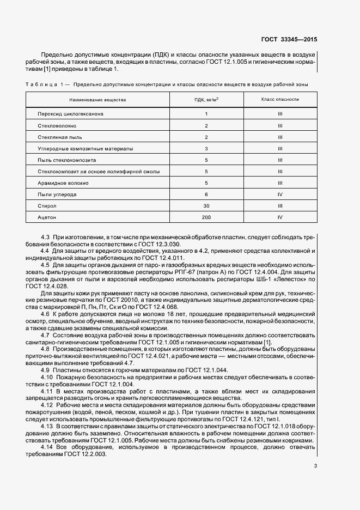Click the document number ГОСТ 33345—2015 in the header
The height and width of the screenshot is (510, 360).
289,40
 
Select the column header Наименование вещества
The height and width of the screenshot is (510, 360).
97,100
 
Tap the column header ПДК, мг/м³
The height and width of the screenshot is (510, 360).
206,100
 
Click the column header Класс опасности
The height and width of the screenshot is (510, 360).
279,100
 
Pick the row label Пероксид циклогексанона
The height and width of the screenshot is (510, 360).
70,114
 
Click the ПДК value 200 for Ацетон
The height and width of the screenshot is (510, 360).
206,217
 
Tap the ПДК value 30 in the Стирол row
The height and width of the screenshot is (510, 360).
206,205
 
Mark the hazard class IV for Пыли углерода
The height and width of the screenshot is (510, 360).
279,194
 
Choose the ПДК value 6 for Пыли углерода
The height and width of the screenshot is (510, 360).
206,194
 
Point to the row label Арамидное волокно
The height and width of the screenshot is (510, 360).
63,183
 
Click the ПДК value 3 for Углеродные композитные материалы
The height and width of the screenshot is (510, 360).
206,148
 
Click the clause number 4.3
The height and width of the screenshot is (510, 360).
46,237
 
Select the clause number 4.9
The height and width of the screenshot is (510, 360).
46,370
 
